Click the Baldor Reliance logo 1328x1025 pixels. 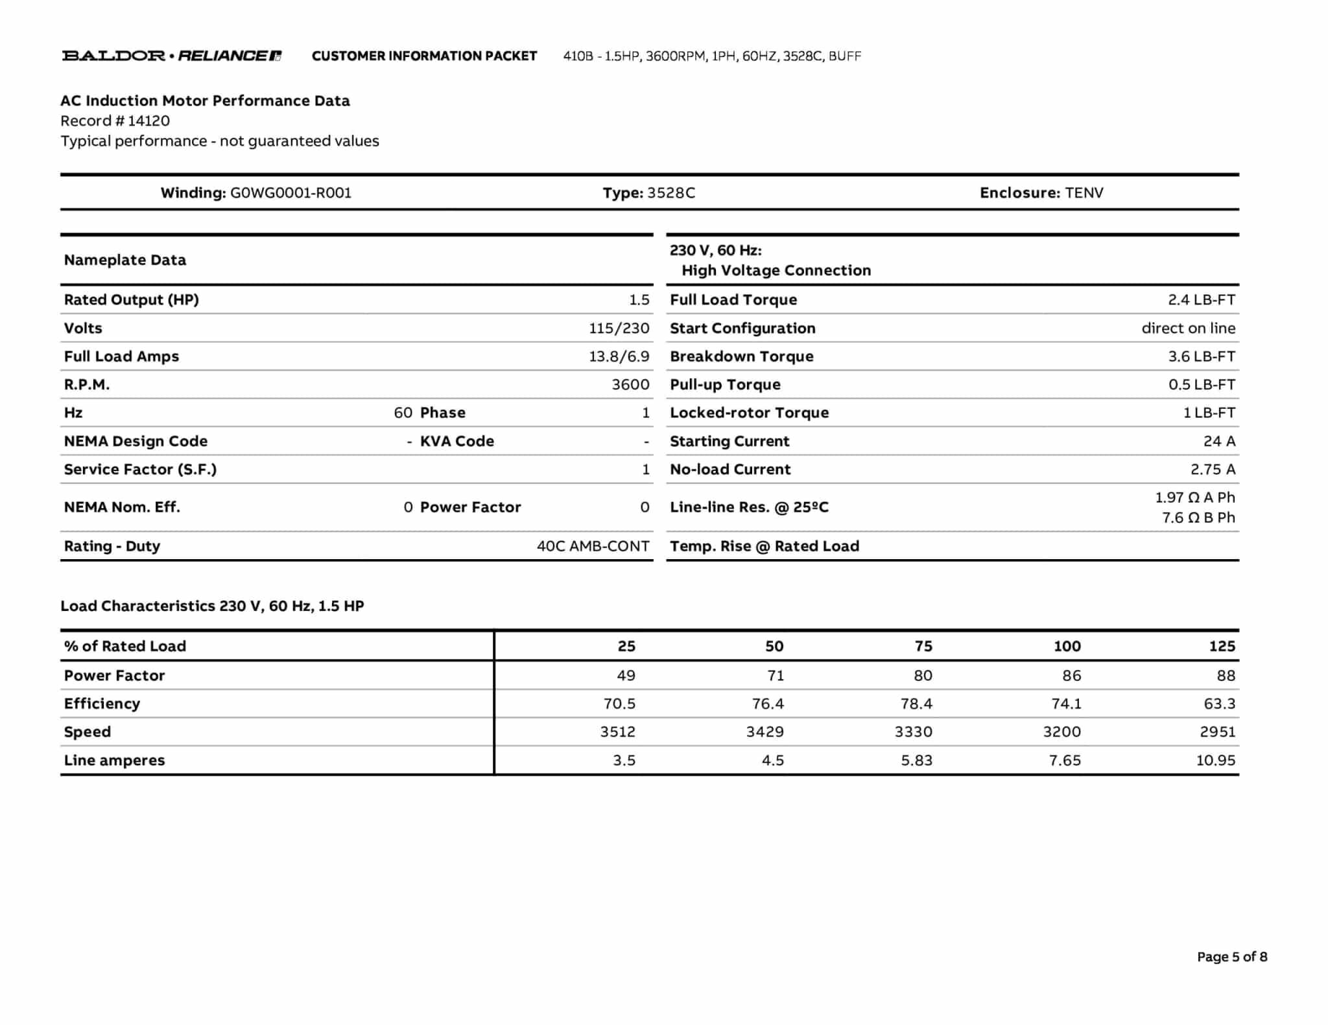(x=172, y=56)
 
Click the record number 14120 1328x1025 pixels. (x=148, y=121)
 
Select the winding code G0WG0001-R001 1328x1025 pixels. (x=290, y=193)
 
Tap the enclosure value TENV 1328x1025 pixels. (x=1084, y=193)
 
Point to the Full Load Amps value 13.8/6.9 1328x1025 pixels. (x=619, y=356)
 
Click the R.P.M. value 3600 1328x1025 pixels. (x=630, y=385)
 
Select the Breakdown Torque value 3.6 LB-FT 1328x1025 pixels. (x=1202, y=356)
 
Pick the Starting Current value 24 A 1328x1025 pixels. (x=1219, y=441)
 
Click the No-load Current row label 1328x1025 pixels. (x=730, y=470)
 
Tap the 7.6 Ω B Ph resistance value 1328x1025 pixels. (x=1198, y=518)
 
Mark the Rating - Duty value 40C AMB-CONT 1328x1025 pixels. (x=593, y=546)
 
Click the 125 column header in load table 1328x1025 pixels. (x=1222, y=646)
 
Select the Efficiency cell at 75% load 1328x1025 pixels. (x=916, y=704)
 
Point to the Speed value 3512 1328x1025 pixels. (x=617, y=732)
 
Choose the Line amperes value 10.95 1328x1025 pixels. (x=1215, y=761)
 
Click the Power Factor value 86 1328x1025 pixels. (x=1071, y=676)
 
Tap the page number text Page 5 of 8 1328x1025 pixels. (x=1232, y=957)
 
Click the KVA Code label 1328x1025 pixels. (x=456, y=441)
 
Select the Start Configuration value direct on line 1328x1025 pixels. (x=1188, y=328)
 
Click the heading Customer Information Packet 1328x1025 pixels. (x=424, y=56)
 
